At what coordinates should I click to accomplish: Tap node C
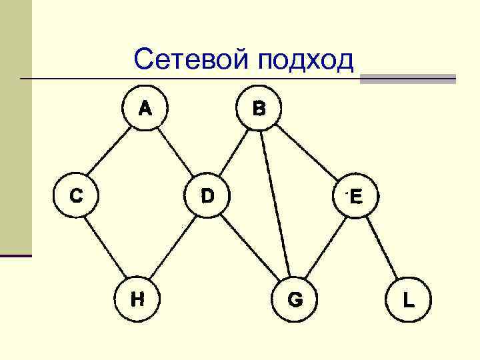tap(77, 195)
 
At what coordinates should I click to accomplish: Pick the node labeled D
tap(208, 195)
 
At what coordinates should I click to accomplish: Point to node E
tap(355, 196)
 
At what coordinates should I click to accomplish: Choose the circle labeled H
tap(137, 299)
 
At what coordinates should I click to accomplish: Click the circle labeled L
tap(408, 299)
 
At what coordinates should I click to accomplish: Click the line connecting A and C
tap(111, 151)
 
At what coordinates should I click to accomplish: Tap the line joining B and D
tap(234, 151)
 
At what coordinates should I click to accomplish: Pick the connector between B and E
tap(308, 151)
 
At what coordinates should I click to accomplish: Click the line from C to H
tap(107, 247)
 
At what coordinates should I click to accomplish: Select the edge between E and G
tap(325, 247)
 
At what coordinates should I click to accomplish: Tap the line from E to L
tap(381, 247)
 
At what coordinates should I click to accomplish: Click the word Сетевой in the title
tap(191, 60)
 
